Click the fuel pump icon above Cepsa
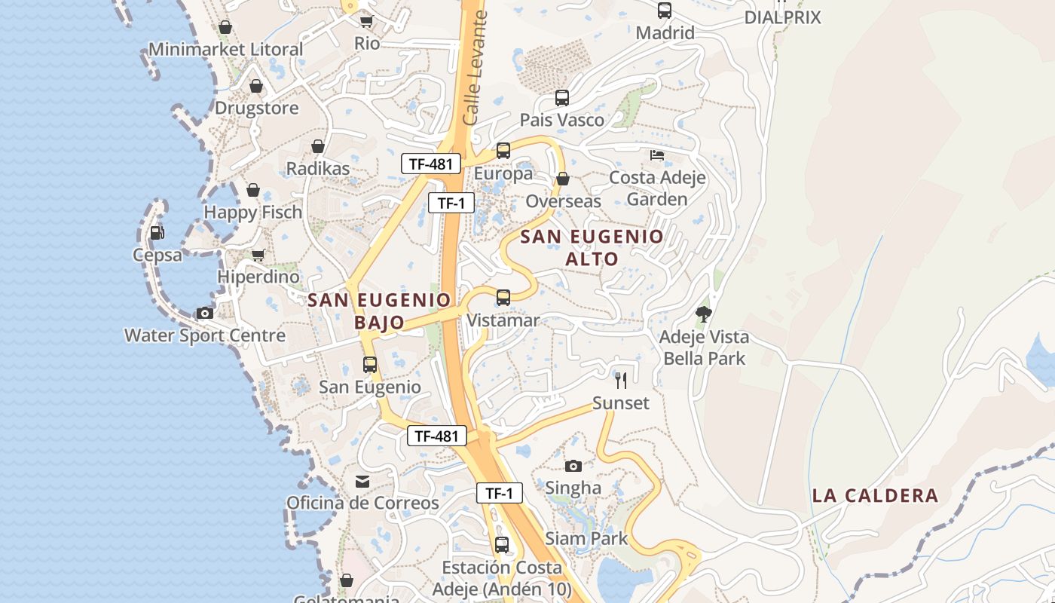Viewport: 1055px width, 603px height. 157,233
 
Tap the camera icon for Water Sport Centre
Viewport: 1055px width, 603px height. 204,313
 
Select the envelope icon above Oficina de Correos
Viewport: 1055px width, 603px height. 362,481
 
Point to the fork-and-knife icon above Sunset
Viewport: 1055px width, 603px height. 620,380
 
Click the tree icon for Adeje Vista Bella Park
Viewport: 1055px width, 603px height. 704,314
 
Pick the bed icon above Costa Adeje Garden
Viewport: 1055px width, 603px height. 657,155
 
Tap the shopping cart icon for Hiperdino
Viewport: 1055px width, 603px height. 258,255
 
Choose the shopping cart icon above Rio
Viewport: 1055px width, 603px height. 366,21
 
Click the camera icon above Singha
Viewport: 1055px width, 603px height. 573,466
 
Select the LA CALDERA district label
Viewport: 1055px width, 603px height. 875,495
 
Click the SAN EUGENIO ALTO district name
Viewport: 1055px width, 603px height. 592,247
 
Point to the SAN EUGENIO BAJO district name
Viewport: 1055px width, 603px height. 379,311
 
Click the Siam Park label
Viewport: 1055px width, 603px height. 586,538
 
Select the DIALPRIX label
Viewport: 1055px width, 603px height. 782,17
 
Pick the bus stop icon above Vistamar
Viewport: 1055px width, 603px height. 503,297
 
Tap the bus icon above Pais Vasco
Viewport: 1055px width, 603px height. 562,97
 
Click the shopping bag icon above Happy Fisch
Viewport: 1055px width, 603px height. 253,190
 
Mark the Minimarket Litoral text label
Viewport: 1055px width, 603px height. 225,49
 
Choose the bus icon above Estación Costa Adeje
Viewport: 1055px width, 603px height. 502,544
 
